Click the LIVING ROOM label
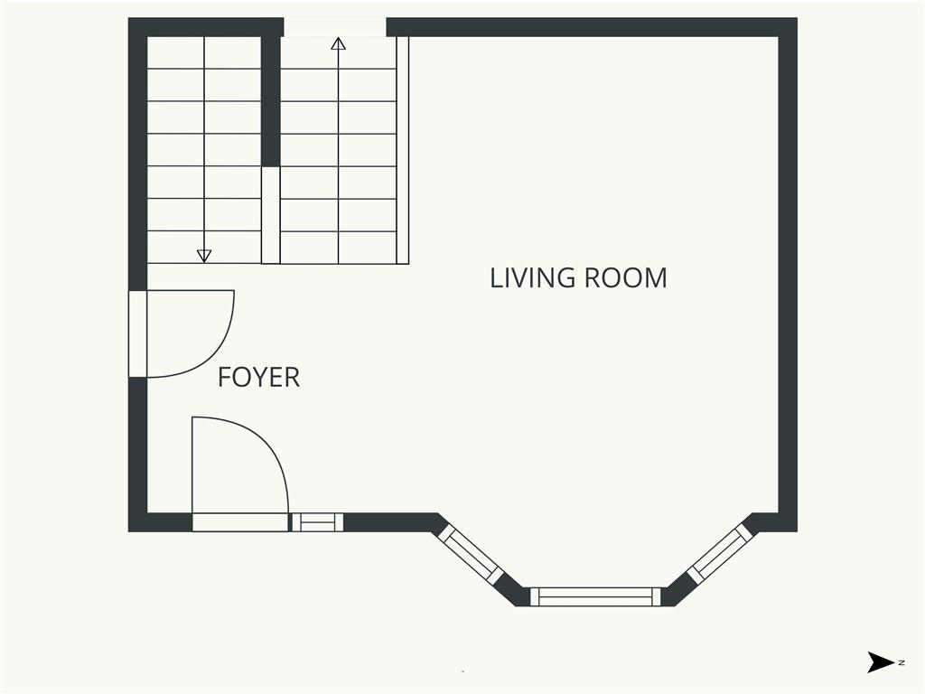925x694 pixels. click(578, 278)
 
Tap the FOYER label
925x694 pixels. click(258, 377)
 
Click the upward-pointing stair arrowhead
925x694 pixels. click(338, 43)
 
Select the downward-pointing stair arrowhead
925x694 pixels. click(204, 256)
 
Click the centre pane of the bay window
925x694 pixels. click(595, 596)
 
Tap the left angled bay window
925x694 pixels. click(472, 555)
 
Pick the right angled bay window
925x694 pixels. click(720, 554)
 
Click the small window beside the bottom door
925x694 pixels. click(317, 522)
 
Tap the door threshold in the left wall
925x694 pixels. click(137, 333)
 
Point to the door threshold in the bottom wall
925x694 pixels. click(240, 522)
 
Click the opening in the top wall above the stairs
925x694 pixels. click(335, 27)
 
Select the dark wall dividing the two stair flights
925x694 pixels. click(270, 101)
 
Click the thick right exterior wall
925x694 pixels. click(788, 275)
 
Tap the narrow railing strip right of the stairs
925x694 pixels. click(403, 150)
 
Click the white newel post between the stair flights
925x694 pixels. click(271, 215)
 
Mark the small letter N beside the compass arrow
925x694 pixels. click(902, 662)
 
